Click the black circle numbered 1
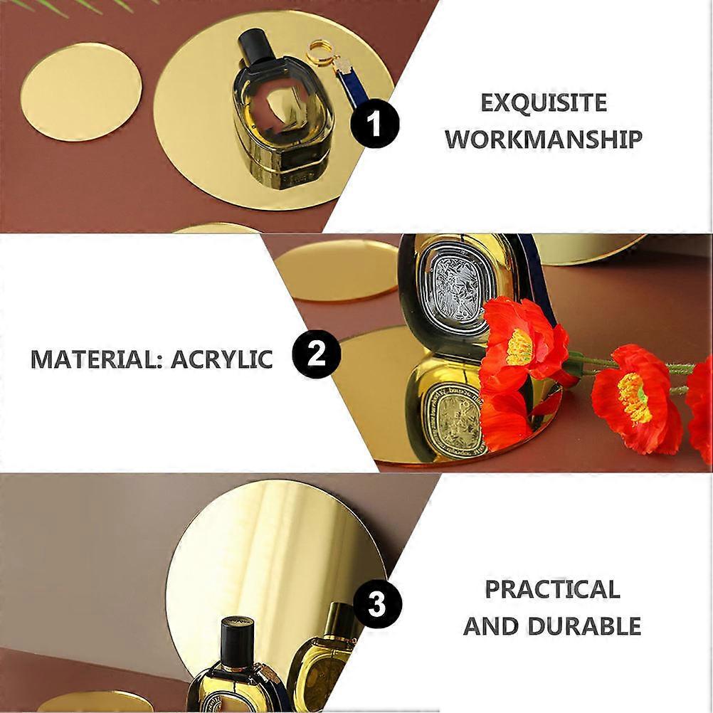pyautogui.click(x=374, y=124)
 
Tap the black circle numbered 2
pyautogui.click(x=317, y=354)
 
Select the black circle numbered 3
pyautogui.click(x=377, y=605)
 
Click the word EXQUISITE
pyautogui.click(x=544, y=102)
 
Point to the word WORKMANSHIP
pyautogui.click(x=544, y=139)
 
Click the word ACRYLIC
pyautogui.click(x=222, y=359)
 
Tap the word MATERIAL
pyautogui.click(x=97, y=359)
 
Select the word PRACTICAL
pyautogui.click(x=552, y=589)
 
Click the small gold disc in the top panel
pyautogui.click(x=81, y=93)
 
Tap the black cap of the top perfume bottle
pyautogui.click(x=256, y=48)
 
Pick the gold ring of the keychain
pyautogui.click(x=319, y=53)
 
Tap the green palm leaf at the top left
pyautogui.click(x=91, y=7)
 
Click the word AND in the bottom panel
pyautogui.click(x=491, y=625)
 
